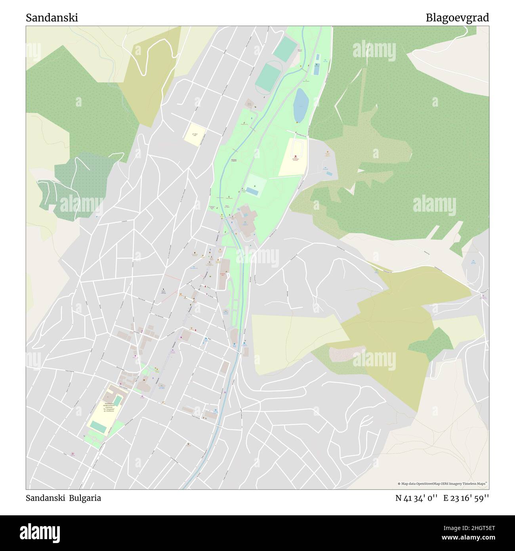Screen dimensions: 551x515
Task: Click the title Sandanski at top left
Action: pyautogui.click(x=52, y=18)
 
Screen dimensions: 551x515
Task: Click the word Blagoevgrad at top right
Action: pyautogui.click(x=457, y=18)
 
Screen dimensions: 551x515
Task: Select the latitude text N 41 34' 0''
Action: pyautogui.click(x=416, y=498)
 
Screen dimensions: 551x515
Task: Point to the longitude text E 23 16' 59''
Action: pyautogui.click(x=466, y=498)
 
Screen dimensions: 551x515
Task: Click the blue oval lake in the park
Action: pyautogui.click(x=300, y=105)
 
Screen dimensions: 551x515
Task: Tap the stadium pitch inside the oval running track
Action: pyautogui.click(x=268, y=77)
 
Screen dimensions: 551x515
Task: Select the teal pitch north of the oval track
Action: pyautogui.click(x=285, y=49)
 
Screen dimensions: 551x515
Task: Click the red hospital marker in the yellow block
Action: pyautogui.click(x=296, y=157)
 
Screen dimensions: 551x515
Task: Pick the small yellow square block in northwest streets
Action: pyautogui.click(x=195, y=134)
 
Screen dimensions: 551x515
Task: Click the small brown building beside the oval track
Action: pyautogui.click(x=250, y=105)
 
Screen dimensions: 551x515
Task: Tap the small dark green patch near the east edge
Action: pyautogui.click(x=432, y=341)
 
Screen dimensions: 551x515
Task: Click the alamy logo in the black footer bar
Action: pyautogui.click(x=40, y=532)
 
